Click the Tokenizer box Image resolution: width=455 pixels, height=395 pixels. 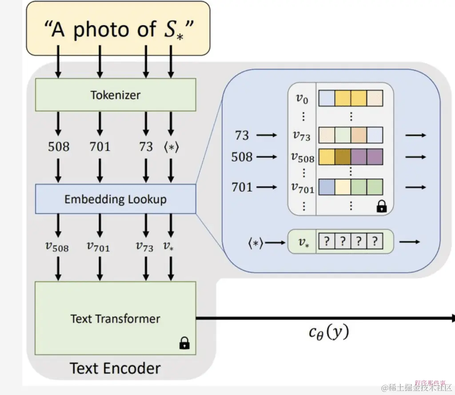[115, 95]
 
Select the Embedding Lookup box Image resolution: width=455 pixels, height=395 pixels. [115, 199]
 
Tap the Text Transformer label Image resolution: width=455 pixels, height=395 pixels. [115, 319]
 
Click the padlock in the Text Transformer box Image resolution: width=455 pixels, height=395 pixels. [184, 343]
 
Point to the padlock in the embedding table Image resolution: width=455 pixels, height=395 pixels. [381, 207]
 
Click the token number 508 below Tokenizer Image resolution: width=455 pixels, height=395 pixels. [59, 146]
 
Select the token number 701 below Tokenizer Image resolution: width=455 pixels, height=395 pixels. [100, 146]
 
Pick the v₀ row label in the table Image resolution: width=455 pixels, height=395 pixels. [302, 98]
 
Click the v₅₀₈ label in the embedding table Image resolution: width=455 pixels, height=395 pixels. [302, 157]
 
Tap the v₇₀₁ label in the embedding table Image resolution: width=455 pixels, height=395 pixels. [302, 188]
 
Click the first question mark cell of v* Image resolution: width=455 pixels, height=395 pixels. [327, 242]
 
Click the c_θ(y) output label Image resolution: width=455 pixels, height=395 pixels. [329, 332]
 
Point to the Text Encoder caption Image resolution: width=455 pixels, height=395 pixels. [115, 368]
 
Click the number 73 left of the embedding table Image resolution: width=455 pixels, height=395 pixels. [242, 135]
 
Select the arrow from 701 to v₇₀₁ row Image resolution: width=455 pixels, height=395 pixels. [267, 188]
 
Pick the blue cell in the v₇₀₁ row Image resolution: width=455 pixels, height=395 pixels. [326, 187]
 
